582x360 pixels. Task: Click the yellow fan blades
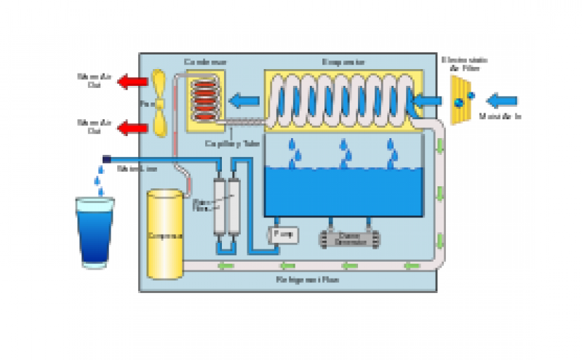(x=161, y=103)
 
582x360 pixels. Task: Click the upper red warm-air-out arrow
(x=132, y=81)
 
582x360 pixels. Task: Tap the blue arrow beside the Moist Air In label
(x=503, y=99)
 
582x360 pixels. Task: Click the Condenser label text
(x=204, y=62)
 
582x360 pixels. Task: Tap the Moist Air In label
(x=502, y=116)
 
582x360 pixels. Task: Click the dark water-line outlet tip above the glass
(x=106, y=159)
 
